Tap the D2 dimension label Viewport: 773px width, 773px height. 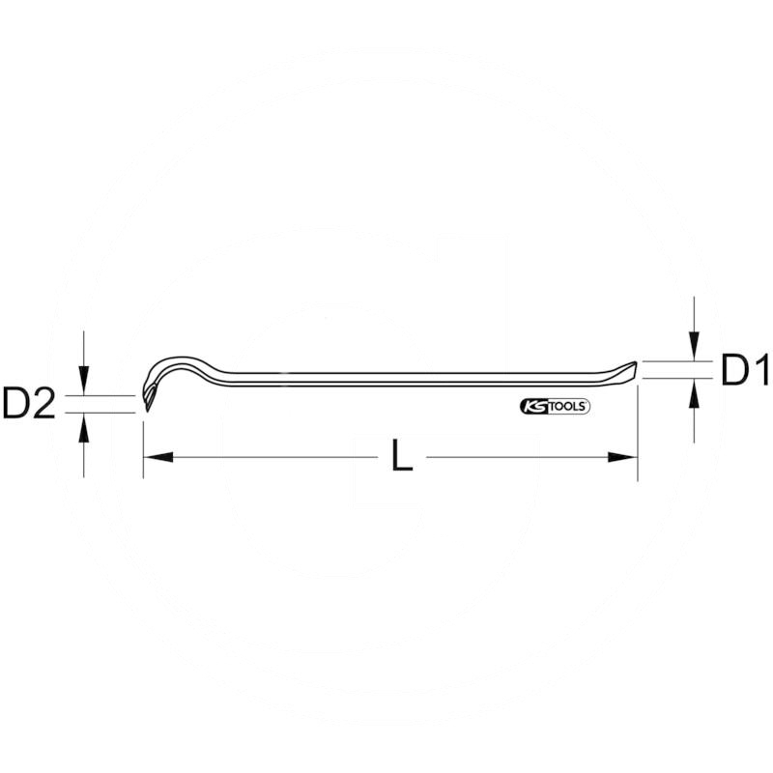(x=28, y=405)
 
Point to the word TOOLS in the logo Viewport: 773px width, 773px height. (x=568, y=407)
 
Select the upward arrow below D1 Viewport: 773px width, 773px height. (x=694, y=391)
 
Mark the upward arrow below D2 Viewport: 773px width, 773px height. (x=85, y=425)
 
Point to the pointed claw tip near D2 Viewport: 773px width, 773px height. (x=146, y=405)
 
